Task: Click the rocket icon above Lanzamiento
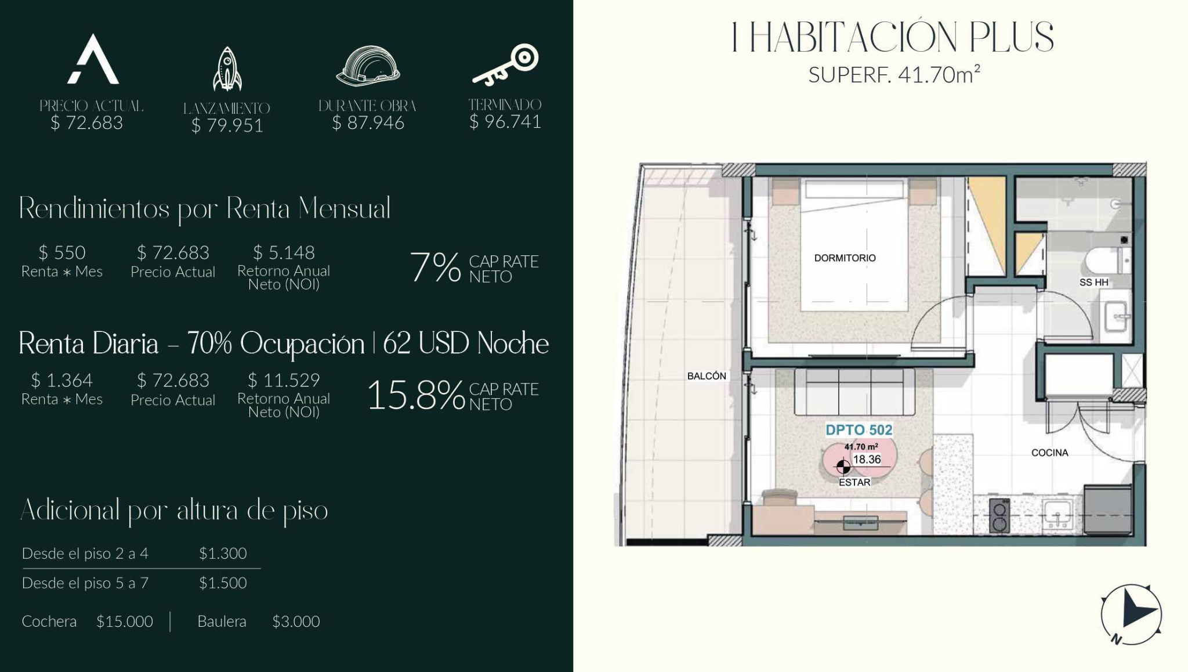[227, 69]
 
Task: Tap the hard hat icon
[368, 66]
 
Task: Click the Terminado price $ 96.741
[505, 122]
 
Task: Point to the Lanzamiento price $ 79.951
[227, 125]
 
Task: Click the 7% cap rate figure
[435, 268]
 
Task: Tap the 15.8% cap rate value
[416, 396]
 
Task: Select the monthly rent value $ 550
[62, 252]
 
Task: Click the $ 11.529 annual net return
[284, 380]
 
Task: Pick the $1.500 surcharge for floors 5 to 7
[223, 583]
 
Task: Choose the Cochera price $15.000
[125, 622]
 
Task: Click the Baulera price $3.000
[296, 622]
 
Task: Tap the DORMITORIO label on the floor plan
[845, 258]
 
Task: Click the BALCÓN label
[707, 376]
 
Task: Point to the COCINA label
[1049, 453]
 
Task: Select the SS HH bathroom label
[1093, 283]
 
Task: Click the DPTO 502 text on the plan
[859, 430]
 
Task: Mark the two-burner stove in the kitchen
[999, 516]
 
